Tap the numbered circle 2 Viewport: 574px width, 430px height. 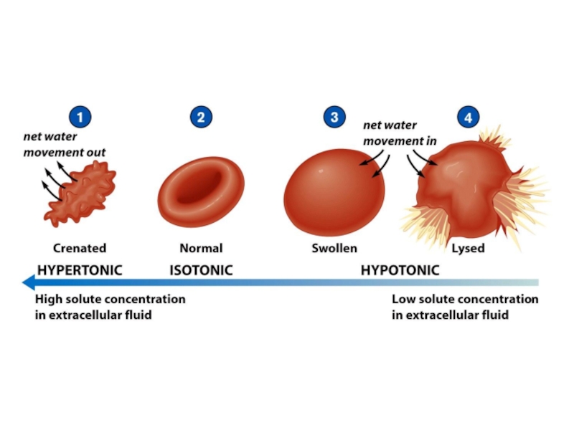tap(201, 118)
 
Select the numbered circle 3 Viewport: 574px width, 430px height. tap(334, 117)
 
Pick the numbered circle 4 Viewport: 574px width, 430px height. tap(468, 118)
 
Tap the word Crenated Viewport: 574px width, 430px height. tap(80, 249)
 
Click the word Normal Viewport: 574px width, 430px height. tap(201, 249)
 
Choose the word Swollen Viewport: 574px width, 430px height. tap(334, 249)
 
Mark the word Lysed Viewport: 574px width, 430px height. tap(468, 249)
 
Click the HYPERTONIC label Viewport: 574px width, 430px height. tap(80, 270)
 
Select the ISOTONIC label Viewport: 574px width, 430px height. tap(201, 270)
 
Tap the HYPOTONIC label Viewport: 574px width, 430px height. tap(400, 270)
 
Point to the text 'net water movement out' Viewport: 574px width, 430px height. tap(64, 144)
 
